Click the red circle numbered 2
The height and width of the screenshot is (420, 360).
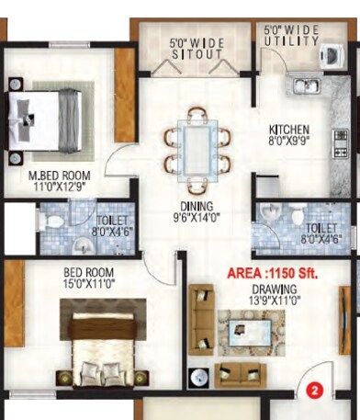point(314,390)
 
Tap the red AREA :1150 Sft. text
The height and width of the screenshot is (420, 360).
point(274,274)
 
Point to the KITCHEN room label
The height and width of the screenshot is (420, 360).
point(288,130)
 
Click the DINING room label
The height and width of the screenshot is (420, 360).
point(197,206)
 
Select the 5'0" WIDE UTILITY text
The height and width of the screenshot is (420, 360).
point(291,36)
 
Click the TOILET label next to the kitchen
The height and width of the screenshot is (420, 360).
point(321,233)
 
